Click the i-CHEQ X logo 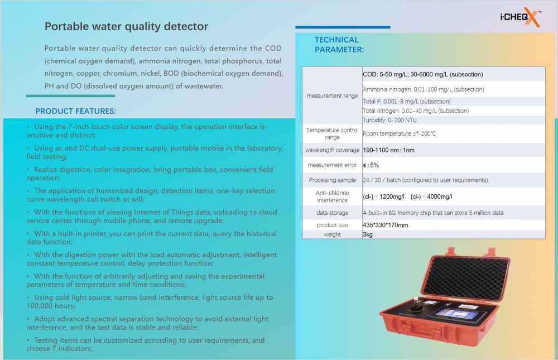[x=521, y=17]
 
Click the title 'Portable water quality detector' [x=126, y=26]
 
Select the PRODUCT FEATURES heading [x=75, y=111]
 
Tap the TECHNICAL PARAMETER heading [x=339, y=45]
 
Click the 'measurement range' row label [x=333, y=96]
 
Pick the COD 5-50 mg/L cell [x=423, y=74]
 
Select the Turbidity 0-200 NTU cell [x=389, y=120]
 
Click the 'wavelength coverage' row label [x=333, y=150]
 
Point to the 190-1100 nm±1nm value [x=388, y=150]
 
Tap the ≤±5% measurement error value [x=371, y=165]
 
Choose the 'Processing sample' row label [x=333, y=180]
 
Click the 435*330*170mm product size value [x=386, y=225]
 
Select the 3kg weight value [x=368, y=234]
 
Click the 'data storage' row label [x=333, y=213]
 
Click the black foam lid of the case [x=467, y=278]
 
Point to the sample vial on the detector [x=415, y=303]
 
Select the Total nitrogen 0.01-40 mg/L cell [x=416, y=111]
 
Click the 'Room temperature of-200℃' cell [x=400, y=133]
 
